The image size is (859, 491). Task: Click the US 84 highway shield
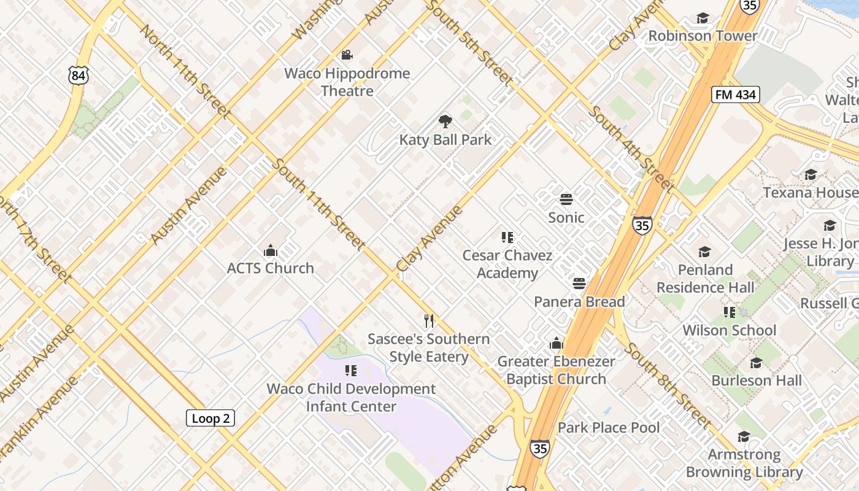tap(79, 75)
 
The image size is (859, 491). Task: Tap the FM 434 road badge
tap(736, 95)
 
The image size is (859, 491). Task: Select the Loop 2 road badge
tap(210, 419)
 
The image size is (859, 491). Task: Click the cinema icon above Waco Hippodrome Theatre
tap(347, 55)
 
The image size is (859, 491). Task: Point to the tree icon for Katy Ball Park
tap(445, 122)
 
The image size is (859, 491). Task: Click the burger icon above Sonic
tap(566, 199)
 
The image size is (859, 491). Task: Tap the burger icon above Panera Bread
tap(579, 284)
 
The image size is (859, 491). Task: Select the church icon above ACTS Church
tap(270, 250)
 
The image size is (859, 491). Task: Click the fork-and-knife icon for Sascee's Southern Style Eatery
tap(429, 320)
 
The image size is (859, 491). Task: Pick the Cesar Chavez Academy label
tap(507, 264)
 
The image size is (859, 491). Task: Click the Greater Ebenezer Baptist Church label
tap(557, 370)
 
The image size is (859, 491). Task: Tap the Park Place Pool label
tap(609, 427)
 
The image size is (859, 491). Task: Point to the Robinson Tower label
tap(703, 36)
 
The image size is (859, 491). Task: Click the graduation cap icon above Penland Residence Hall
tap(704, 252)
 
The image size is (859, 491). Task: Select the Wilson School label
tap(730, 330)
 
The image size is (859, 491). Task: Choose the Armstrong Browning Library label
tap(744, 463)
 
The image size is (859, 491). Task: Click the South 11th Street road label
tap(318, 204)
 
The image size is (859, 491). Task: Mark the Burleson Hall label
tap(756, 381)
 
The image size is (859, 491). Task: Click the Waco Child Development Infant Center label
tap(351, 397)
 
